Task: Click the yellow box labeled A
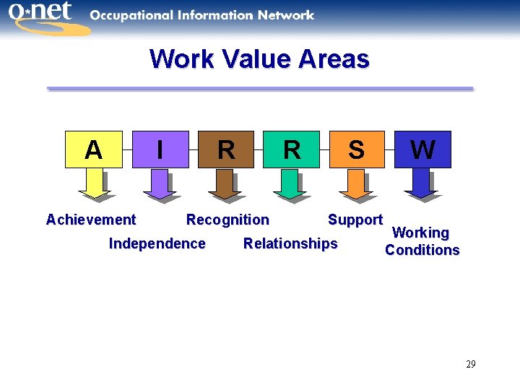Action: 93,149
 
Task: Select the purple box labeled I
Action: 159,149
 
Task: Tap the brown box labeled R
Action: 225,149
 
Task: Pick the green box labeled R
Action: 291,149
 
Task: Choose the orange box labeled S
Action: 357,149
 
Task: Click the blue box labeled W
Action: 422,149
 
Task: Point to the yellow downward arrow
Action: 93,183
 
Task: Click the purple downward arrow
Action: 159,183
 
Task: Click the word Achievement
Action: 90,220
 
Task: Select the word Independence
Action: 157,243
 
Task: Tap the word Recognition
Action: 227,220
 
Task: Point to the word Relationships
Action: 290,243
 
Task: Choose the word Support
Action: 355,220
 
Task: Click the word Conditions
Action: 422,251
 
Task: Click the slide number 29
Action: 470,364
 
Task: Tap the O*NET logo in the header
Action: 43,17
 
